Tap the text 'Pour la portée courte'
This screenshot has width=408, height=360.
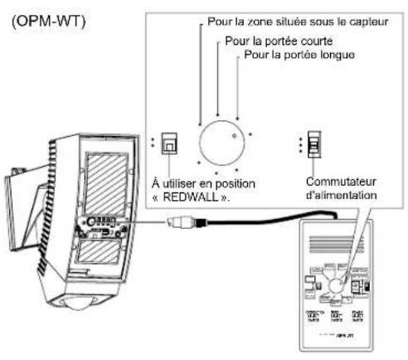(275, 41)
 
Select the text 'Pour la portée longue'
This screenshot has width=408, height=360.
(296, 55)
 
